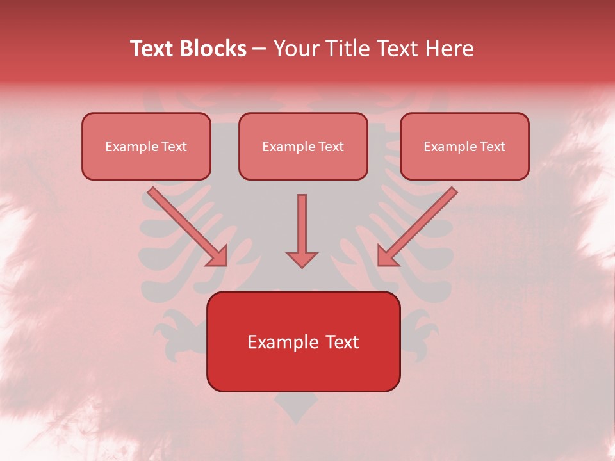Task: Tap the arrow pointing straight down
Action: [x=302, y=227]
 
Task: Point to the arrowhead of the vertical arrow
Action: [x=302, y=259]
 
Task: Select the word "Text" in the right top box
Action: [x=493, y=147]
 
